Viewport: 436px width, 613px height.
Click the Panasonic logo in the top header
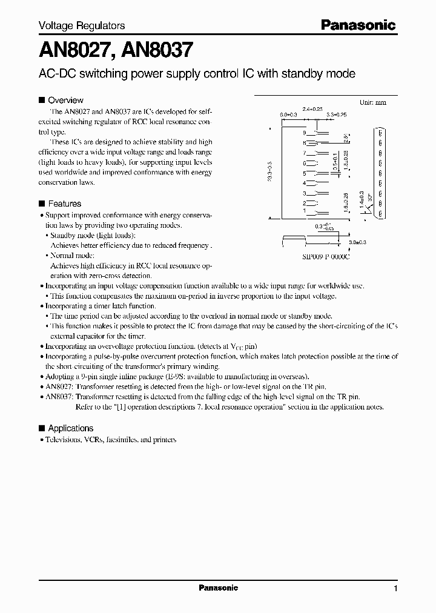click(x=358, y=25)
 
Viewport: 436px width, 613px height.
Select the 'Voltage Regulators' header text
click(x=82, y=26)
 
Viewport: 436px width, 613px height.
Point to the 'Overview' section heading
click(x=65, y=100)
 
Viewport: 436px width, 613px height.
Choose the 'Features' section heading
click(x=64, y=204)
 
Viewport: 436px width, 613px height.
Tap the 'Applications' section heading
click(x=70, y=428)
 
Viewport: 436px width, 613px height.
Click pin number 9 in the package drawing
click(x=305, y=132)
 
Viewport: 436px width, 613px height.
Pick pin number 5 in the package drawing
click(x=305, y=173)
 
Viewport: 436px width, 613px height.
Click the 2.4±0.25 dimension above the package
click(x=312, y=108)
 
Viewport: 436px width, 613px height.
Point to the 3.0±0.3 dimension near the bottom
click(x=358, y=242)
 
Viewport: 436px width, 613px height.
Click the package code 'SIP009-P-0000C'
click(x=326, y=257)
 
